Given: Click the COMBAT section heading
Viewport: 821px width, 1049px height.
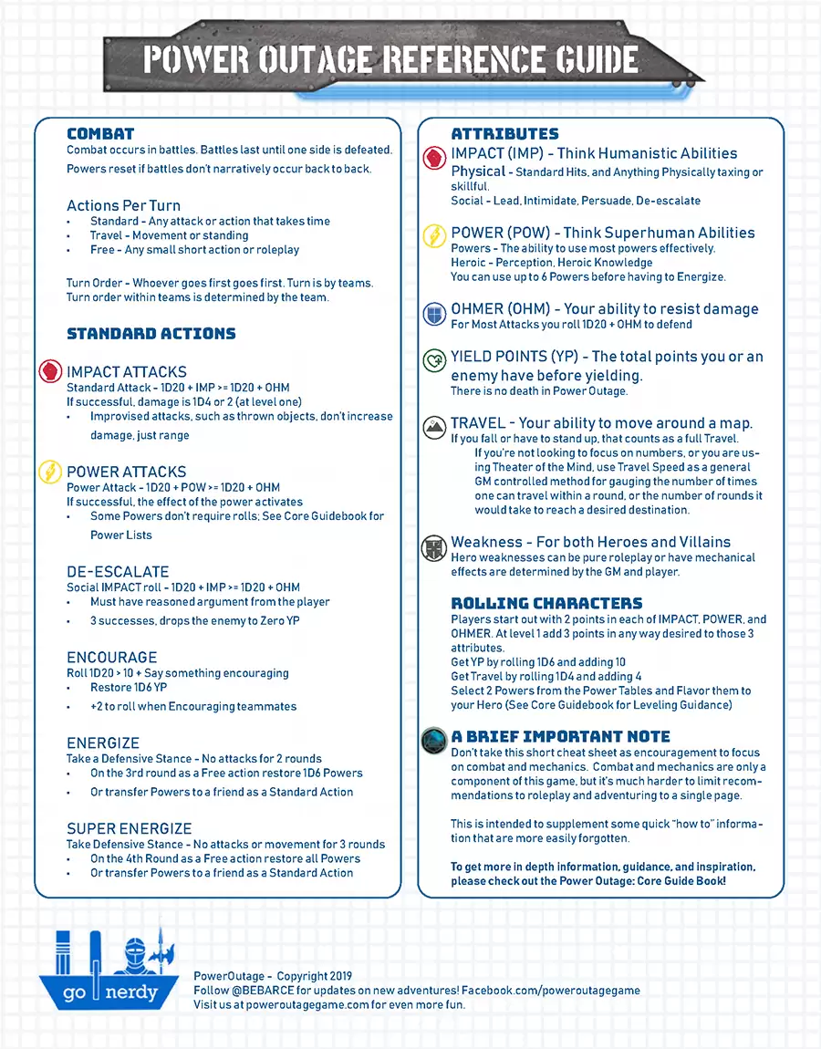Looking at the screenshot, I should click(x=100, y=134).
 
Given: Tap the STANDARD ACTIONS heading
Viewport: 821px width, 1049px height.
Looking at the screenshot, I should click(x=151, y=334).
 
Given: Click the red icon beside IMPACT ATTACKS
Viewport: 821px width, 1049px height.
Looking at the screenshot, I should click(x=49, y=372).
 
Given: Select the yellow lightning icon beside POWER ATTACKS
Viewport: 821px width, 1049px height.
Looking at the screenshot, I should click(x=49, y=472).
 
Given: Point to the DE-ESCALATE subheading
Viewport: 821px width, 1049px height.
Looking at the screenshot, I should click(x=118, y=572).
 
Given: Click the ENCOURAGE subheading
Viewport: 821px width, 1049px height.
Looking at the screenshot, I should click(x=111, y=658).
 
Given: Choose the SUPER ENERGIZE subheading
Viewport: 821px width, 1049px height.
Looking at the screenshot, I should click(x=129, y=828).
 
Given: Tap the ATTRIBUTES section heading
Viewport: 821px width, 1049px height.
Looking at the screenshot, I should click(x=504, y=134).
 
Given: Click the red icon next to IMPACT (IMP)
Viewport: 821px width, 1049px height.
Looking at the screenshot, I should click(x=434, y=156).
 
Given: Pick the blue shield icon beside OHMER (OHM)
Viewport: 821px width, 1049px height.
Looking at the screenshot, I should click(x=434, y=315).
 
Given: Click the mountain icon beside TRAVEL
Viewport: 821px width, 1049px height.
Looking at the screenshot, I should click(x=434, y=425).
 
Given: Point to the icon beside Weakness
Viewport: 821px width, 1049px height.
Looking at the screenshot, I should click(x=433, y=548).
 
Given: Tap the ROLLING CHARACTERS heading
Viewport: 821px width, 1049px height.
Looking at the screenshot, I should click(x=546, y=603).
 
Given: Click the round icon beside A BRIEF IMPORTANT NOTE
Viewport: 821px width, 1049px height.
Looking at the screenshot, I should click(x=434, y=740).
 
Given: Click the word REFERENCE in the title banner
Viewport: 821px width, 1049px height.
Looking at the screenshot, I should click(x=463, y=60).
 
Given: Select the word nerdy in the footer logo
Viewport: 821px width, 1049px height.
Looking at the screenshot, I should click(x=131, y=992).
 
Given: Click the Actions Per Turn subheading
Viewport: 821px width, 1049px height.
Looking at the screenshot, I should click(x=123, y=205).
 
